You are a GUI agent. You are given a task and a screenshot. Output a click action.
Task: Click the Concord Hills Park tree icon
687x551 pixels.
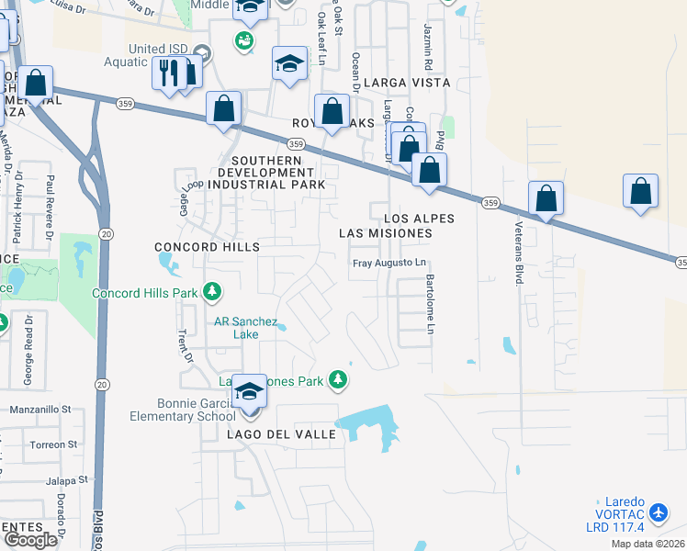[213, 293]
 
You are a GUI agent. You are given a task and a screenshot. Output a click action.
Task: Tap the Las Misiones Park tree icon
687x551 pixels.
[339, 378]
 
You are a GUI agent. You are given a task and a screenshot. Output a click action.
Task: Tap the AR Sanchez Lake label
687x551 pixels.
[245, 328]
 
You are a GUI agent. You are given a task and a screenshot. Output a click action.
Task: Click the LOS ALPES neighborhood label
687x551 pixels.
[419, 219]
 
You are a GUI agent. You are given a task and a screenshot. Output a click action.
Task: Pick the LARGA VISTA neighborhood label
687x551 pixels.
[407, 83]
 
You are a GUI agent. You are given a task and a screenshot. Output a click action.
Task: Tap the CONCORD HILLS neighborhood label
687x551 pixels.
[207, 247]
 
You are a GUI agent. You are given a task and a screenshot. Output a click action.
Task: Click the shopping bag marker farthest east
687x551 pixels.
[641, 192]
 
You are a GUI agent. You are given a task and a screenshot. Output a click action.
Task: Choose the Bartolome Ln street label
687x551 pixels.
[429, 303]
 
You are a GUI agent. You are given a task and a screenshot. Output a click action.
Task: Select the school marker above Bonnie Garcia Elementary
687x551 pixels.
[248, 391]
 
